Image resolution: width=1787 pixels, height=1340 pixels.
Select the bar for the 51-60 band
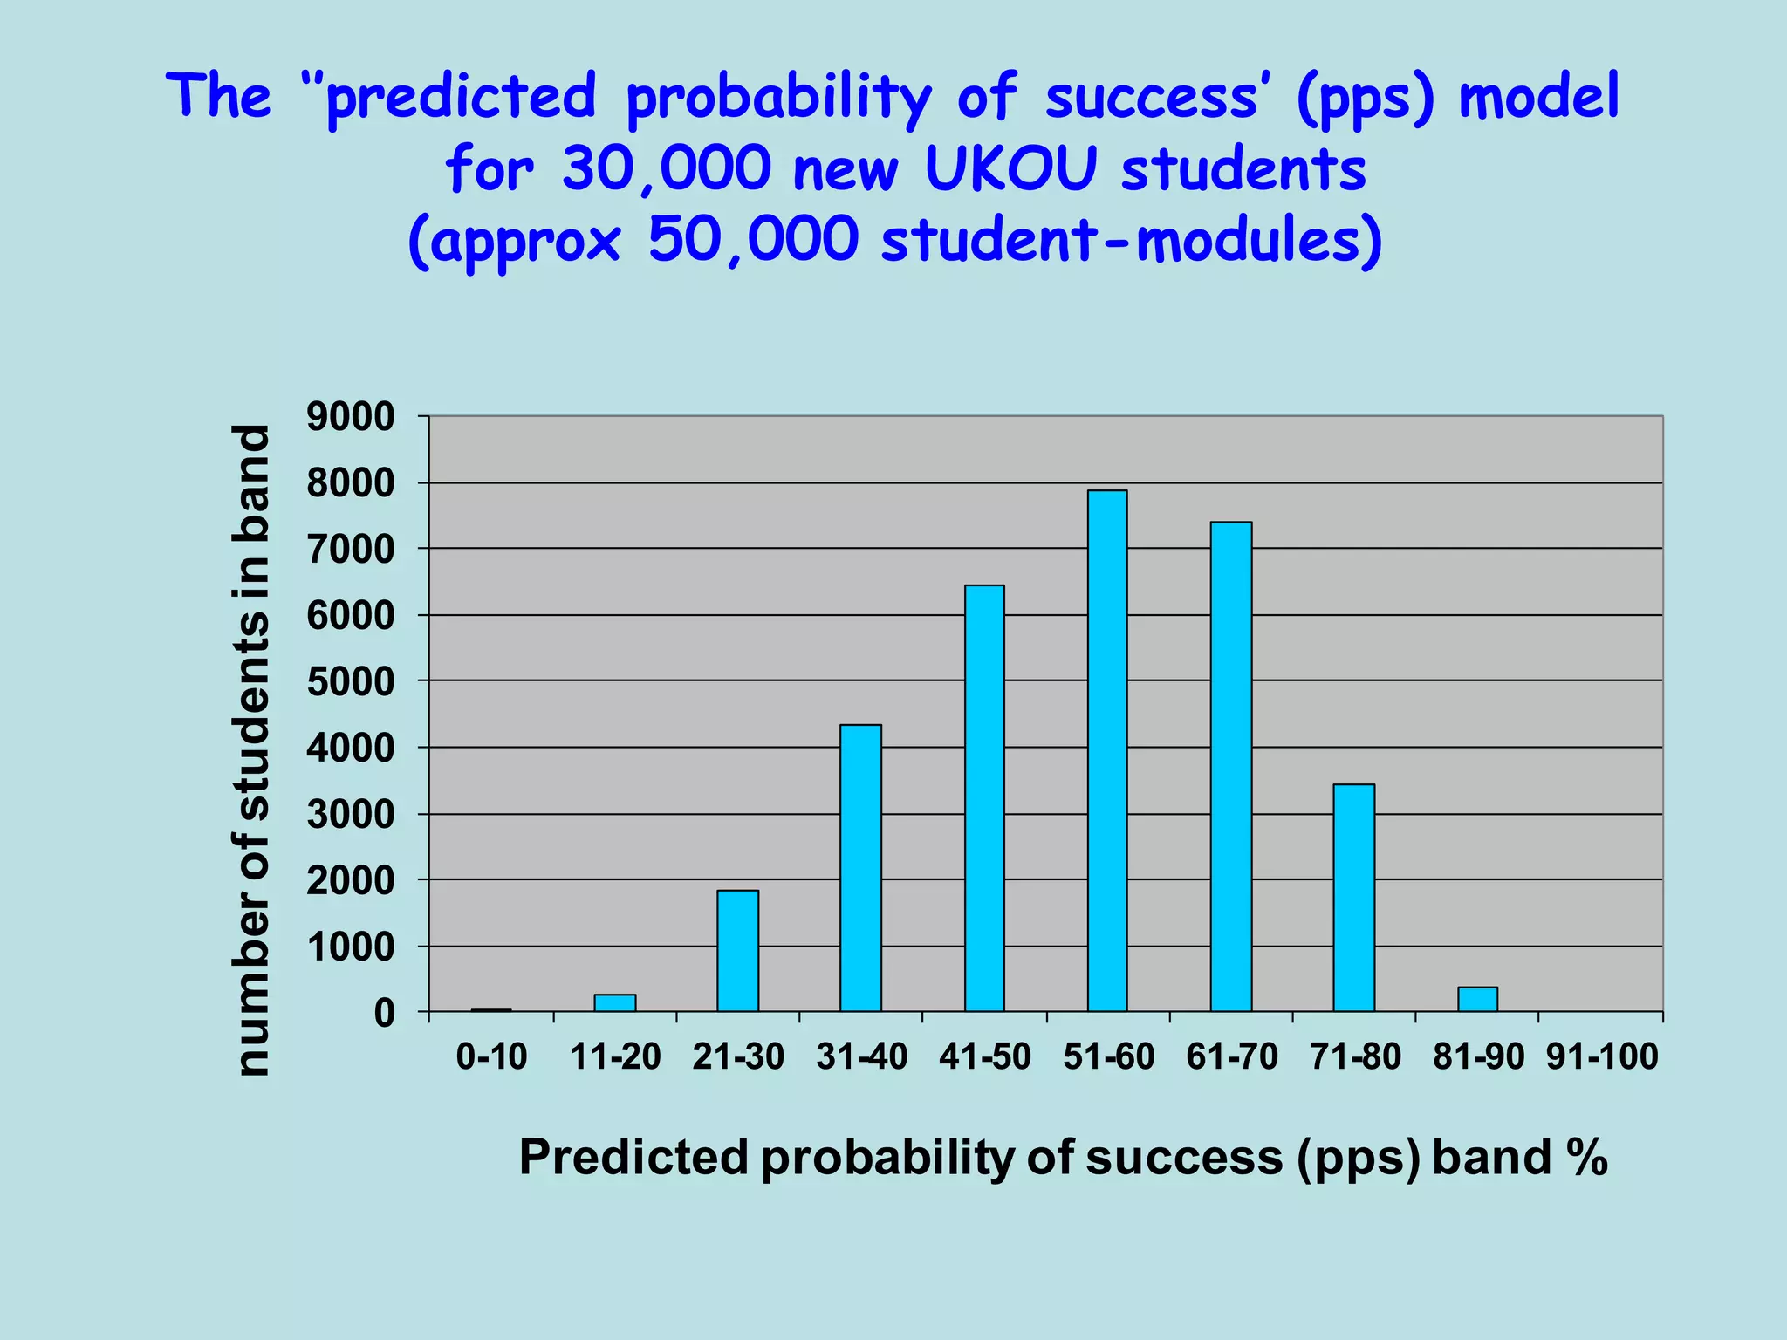[1107, 750]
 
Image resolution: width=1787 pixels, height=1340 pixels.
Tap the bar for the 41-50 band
[984, 798]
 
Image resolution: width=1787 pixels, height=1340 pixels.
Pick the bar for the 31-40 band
[860, 868]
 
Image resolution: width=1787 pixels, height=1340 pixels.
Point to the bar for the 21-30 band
[737, 951]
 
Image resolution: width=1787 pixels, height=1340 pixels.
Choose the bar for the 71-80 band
[1353, 898]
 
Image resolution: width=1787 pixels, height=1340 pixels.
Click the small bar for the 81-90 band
[1477, 1000]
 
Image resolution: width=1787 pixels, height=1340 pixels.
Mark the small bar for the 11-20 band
[614, 1003]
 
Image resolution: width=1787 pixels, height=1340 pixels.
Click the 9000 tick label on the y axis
[351, 417]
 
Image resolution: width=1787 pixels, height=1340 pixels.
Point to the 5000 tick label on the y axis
[351, 682]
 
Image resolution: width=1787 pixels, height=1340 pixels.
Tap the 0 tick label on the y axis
[384, 1014]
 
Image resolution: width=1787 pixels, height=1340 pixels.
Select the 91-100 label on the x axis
[1602, 1057]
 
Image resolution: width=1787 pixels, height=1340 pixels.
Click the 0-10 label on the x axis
[491, 1057]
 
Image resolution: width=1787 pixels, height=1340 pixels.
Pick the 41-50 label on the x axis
[984, 1057]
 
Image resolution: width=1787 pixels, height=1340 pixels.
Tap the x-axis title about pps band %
[1062, 1159]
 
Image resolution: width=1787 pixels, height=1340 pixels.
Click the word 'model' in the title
[1538, 96]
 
